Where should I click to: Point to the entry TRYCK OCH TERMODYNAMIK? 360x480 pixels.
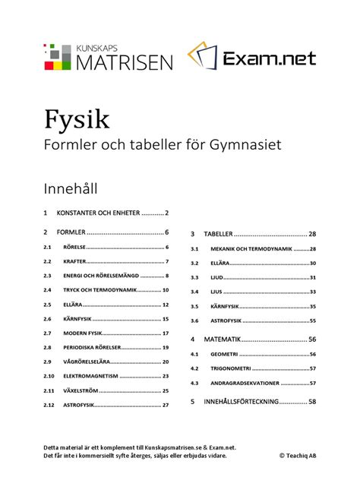(x=99, y=290)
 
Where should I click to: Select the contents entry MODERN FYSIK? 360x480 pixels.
(x=84, y=333)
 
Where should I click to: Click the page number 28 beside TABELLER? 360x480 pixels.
(x=311, y=234)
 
